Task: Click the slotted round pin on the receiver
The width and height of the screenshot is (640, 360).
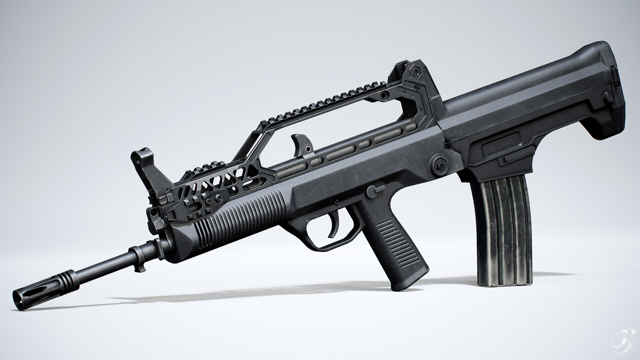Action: click(440, 163)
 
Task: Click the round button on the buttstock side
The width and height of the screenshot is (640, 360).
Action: click(609, 97)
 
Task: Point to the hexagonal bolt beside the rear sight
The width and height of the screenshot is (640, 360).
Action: click(415, 72)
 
